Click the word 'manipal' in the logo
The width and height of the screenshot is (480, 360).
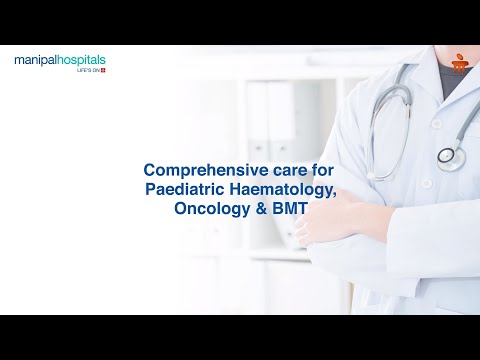[36, 61]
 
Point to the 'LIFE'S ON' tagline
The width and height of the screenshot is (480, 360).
[87, 71]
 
